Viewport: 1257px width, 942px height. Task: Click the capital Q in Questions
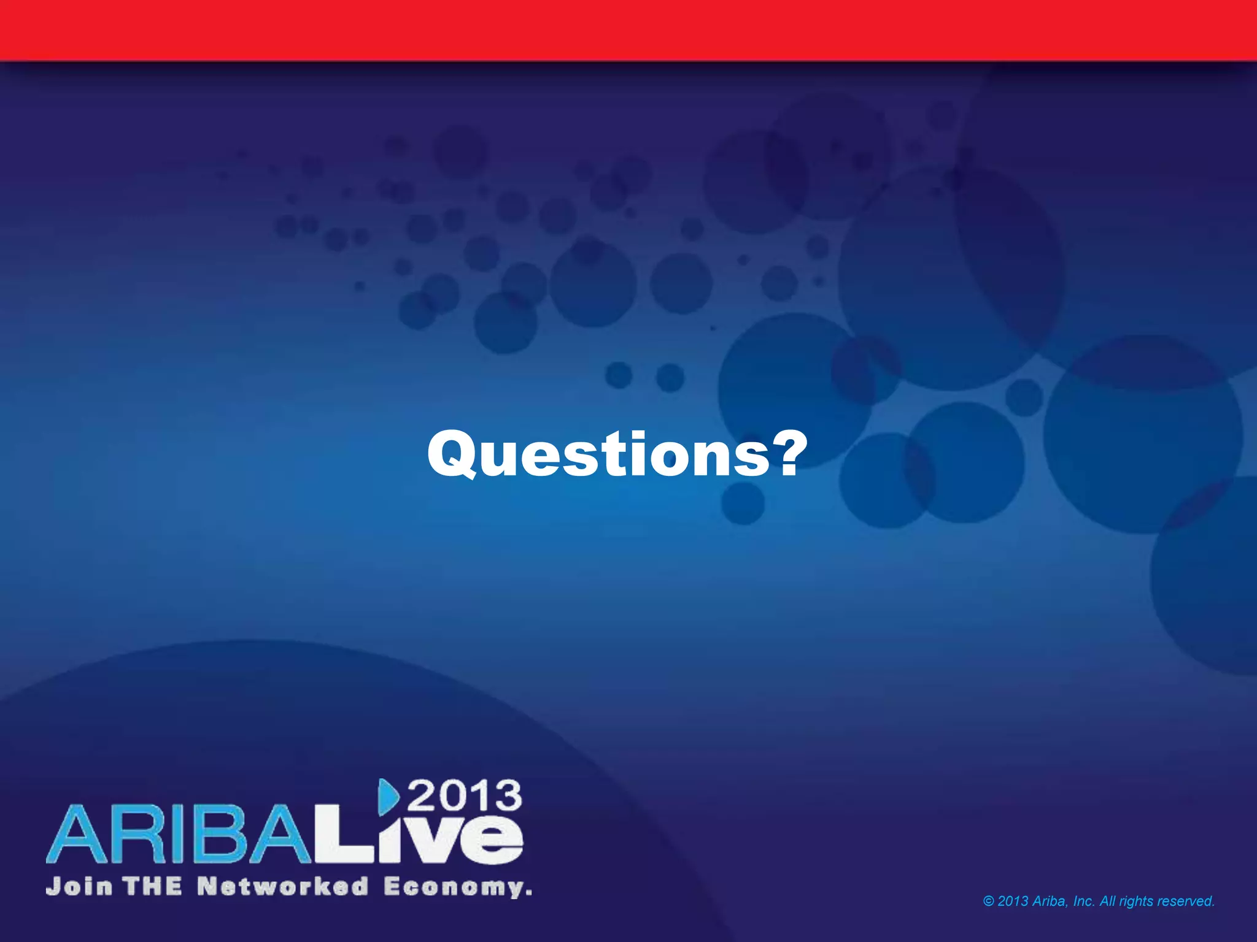(x=453, y=454)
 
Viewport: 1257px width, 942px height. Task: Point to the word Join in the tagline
(x=79, y=886)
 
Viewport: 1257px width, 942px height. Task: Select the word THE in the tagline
(x=152, y=886)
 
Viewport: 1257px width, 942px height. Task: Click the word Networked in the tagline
(x=283, y=886)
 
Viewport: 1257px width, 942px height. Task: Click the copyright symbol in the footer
(x=988, y=901)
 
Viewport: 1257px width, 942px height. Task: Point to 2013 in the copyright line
(x=1013, y=901)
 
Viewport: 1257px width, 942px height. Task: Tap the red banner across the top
(x=628, y=29)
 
